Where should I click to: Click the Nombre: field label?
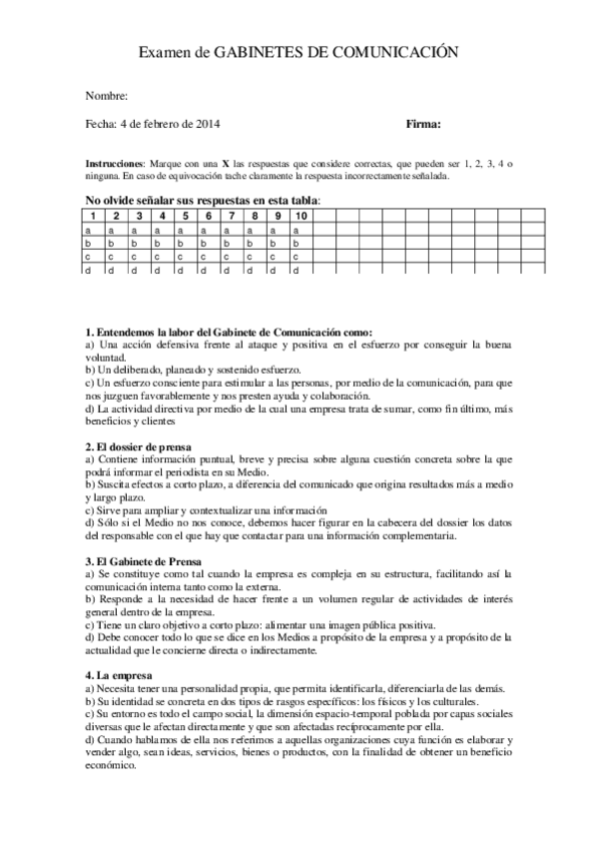(107, 95)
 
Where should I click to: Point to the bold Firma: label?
(424, 124)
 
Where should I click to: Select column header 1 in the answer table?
(93, 216)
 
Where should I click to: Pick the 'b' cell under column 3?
(139, 243)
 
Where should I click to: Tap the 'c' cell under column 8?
(254, 257)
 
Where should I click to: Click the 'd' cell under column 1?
(88, 270)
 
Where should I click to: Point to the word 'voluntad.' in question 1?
(106, 356)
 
